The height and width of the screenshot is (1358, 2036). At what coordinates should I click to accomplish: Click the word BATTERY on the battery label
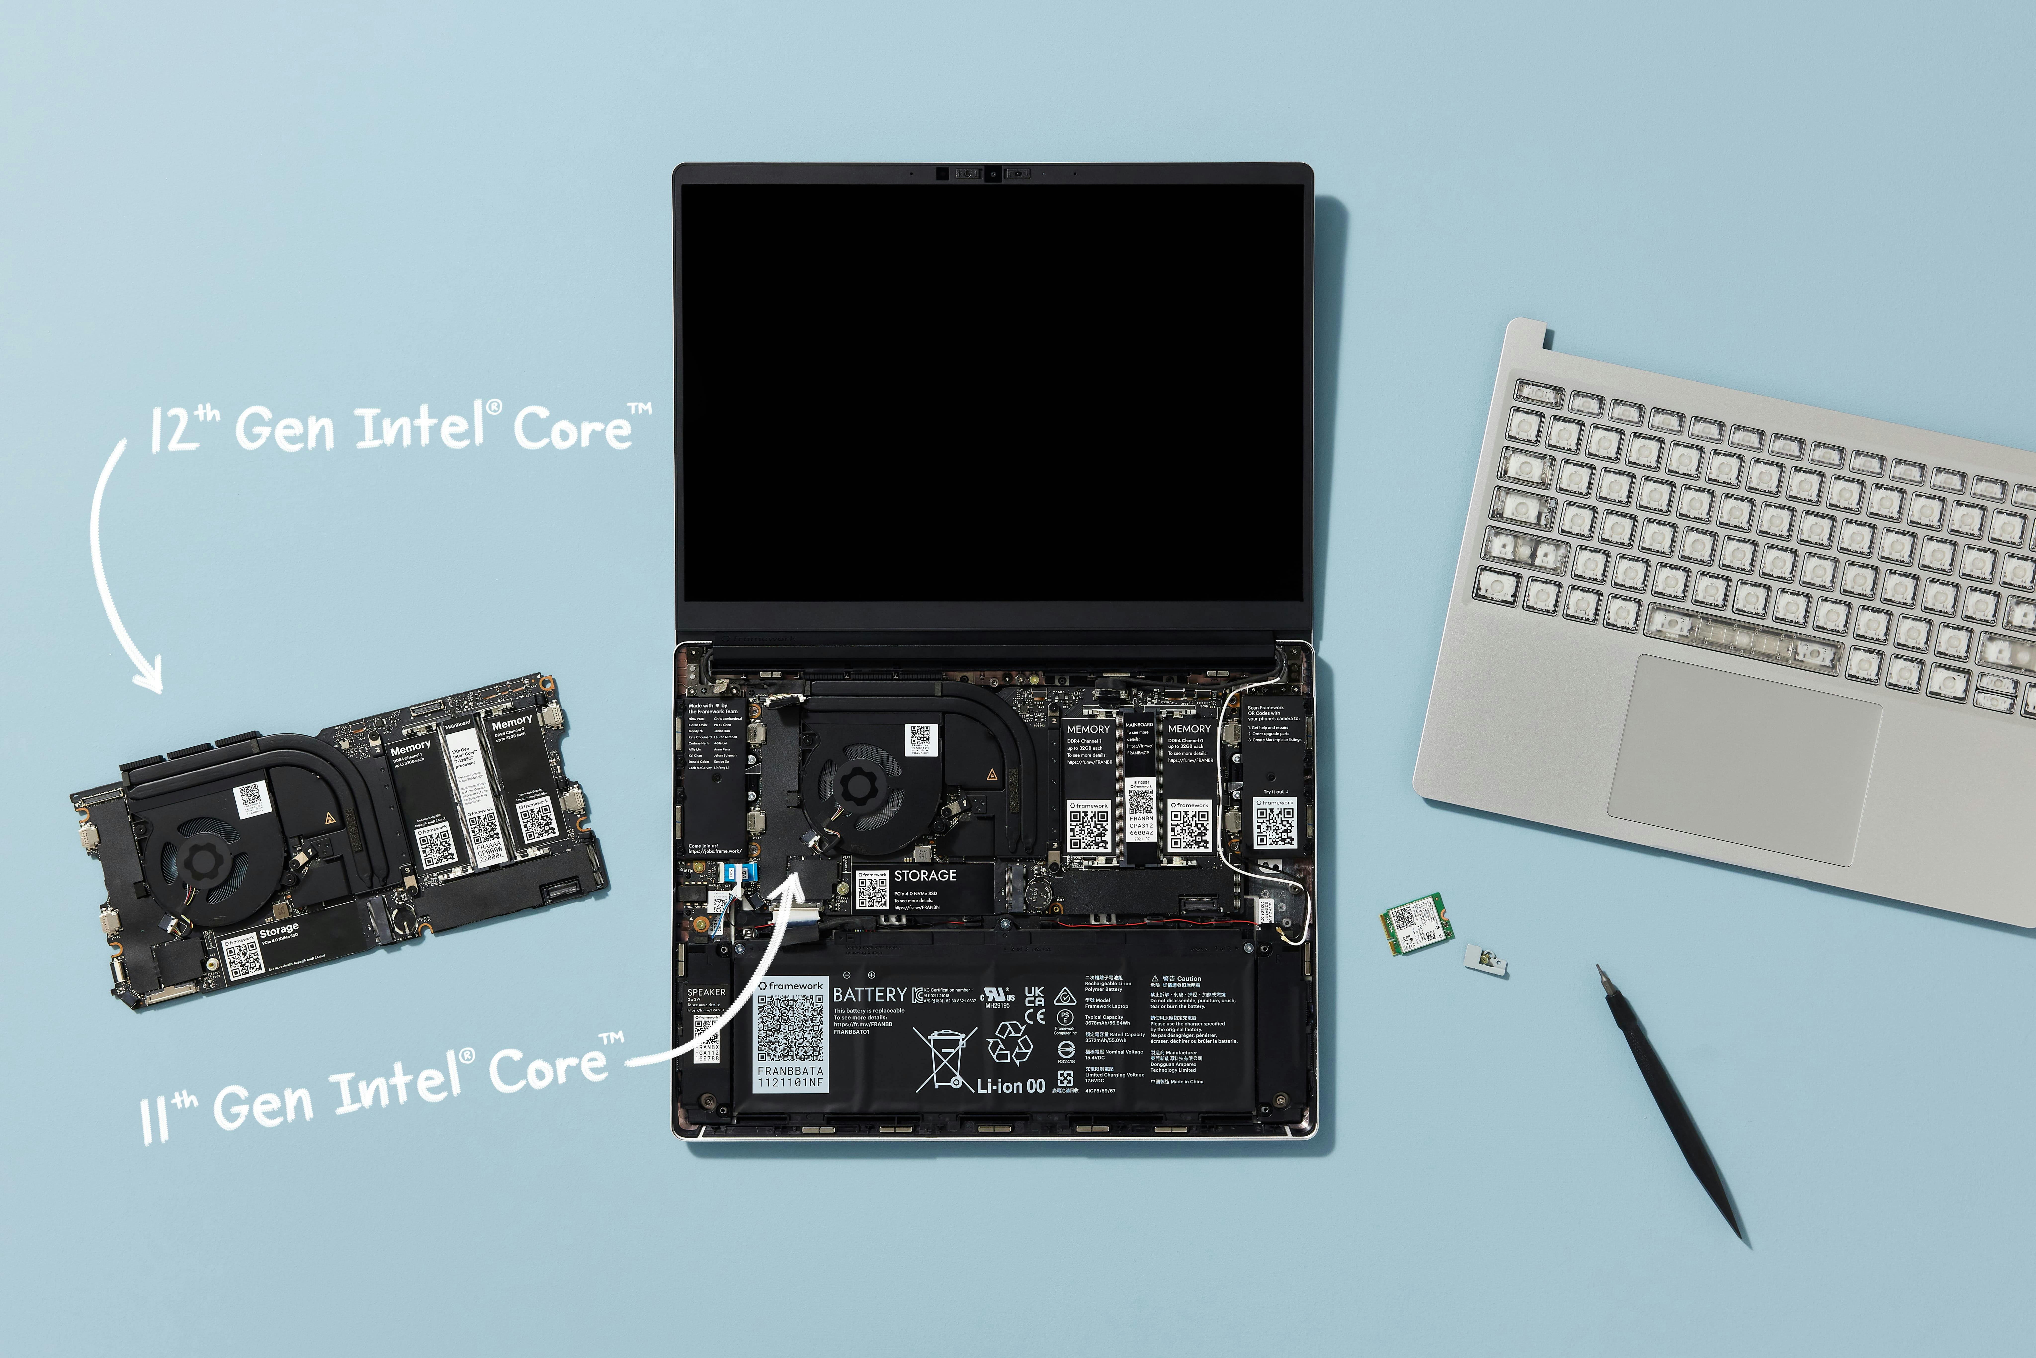(x=869, y=995)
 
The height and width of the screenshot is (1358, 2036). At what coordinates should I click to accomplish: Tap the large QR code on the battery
(x=790, y=1028)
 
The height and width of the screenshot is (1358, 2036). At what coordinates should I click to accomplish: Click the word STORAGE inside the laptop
(x=925, y=876)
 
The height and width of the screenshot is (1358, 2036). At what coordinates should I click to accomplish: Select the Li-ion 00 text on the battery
(x=1011, y=1086)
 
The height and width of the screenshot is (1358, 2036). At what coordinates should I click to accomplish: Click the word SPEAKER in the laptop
(x=706, y=992)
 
